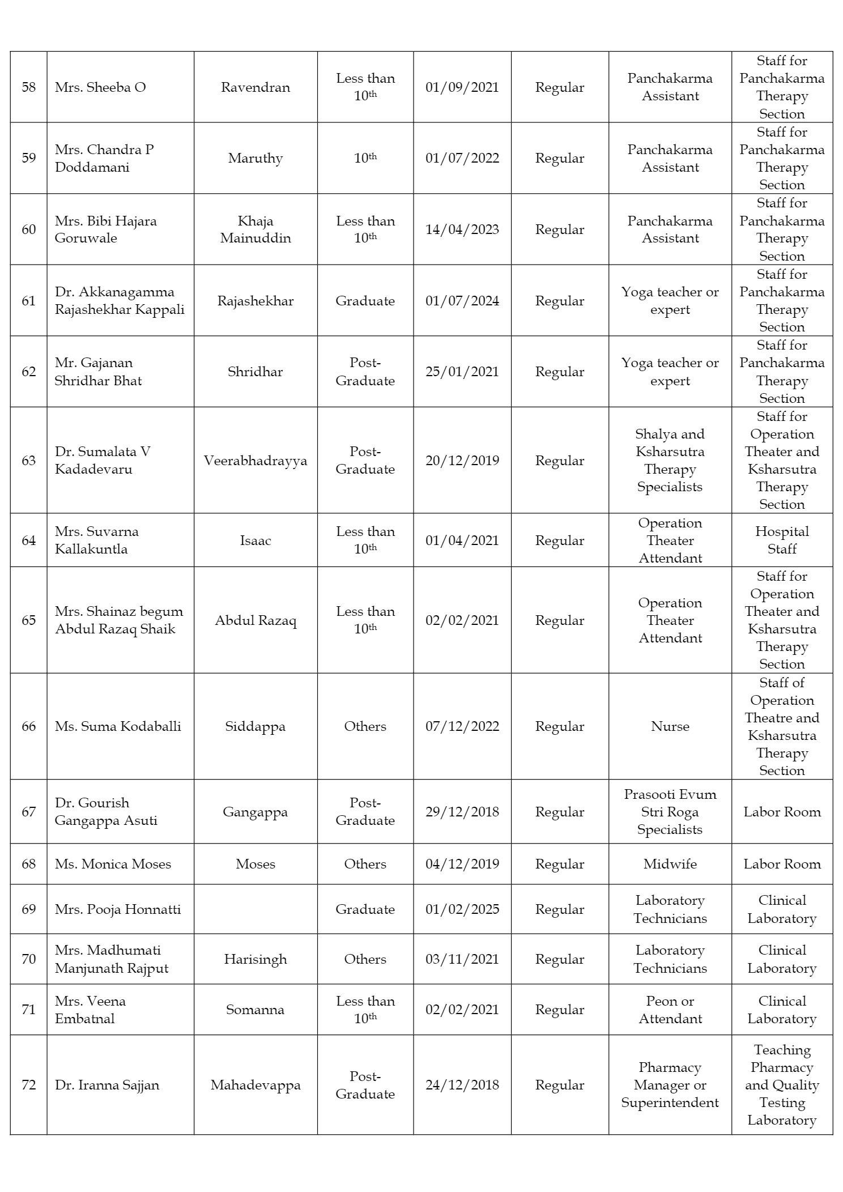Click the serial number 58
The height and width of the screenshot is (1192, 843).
pos(28,87)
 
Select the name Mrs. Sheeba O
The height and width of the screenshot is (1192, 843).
pos(100,87)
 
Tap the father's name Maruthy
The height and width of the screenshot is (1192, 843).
pos(255,158)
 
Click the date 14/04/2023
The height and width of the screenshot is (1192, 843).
pos(462,229)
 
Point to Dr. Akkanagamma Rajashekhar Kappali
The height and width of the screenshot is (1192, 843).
pos(120,300)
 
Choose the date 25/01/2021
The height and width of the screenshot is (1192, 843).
pos(462,372)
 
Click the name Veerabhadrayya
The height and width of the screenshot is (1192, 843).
pos(255,461)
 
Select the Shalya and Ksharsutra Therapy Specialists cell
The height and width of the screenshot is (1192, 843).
pos(670,461)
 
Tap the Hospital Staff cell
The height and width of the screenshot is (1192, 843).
pos(782,540)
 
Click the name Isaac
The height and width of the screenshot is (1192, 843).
pos(255,540)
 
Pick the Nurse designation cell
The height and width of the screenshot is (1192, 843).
pos(670,726)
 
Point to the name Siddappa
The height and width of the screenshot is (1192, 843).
pos(255,726)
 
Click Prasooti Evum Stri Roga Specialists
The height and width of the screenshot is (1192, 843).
pos(670,812)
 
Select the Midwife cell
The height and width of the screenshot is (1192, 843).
pos(670,864)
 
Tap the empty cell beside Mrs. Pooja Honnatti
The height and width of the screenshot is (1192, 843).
pos(255,909)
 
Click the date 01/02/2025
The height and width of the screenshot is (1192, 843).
pos(462,909)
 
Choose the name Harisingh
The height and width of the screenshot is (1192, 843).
pos(255,959)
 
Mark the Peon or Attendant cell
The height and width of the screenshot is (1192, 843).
pos(670,1010)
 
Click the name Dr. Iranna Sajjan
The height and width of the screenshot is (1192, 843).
pos(107,1085)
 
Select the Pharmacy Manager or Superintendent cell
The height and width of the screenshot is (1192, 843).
pos(670,1085)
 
